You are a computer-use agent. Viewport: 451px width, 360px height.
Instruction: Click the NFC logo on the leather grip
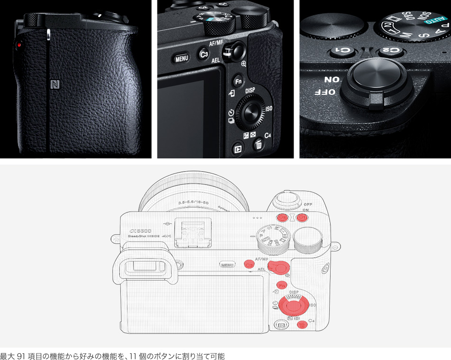coord(55,85)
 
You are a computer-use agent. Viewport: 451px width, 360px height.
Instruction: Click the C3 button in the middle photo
coord(203,55)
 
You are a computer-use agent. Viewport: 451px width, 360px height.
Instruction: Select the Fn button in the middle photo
coord(238,81)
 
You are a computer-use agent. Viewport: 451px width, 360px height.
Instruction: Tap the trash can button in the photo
coord(258,145)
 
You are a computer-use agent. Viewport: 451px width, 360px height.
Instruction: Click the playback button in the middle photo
coord(238,150)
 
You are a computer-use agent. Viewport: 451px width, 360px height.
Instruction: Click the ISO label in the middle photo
coord(269,109)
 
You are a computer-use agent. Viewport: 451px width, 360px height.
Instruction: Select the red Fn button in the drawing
coord(282,286)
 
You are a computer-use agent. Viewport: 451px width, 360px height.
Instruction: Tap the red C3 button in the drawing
coord(249,264)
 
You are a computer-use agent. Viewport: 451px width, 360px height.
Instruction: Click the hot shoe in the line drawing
coord(193,232)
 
